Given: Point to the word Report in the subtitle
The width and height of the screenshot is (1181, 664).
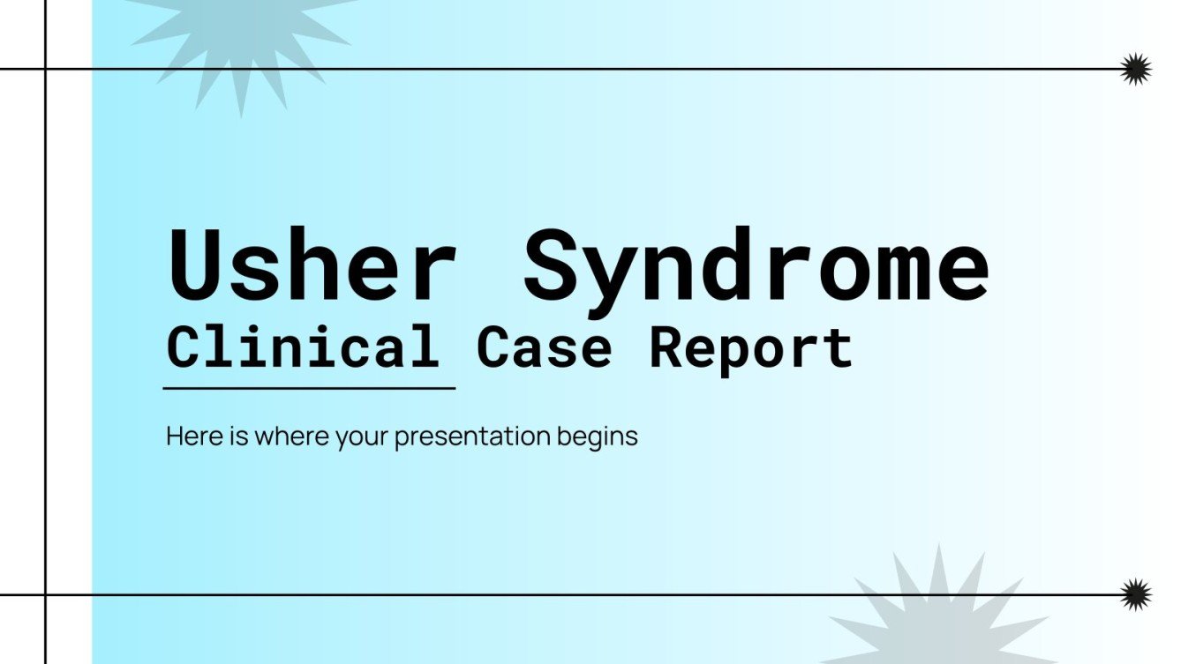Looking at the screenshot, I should (x=751, y=349).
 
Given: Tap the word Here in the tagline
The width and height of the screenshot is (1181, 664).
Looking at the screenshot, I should (x=187, y=436).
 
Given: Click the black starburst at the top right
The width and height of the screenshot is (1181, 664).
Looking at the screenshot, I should (x=1135, y=69).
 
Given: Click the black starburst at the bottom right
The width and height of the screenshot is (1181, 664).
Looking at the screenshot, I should (x=1135, y=594).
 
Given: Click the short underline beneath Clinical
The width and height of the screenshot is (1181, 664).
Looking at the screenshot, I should (x=309, y=387).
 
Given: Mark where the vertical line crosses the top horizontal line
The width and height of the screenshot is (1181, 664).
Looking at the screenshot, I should (x=45, y=69).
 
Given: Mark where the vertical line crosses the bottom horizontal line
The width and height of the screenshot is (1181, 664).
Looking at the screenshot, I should (x=45, y=594).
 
